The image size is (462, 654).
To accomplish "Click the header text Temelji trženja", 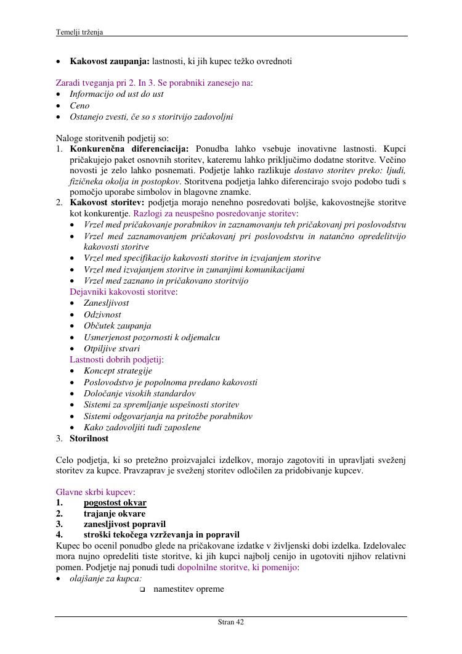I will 79,32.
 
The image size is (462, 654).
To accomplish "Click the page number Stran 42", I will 231,623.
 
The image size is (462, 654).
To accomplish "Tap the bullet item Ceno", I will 79,105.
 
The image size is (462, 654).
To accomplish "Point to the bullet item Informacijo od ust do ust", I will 116,94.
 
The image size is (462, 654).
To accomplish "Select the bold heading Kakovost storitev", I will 107,202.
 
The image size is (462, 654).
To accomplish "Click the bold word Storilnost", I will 89,438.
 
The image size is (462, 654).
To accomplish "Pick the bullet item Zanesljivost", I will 107,303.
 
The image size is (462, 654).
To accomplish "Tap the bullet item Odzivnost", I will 102,314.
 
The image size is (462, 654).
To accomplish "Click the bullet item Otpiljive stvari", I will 111,348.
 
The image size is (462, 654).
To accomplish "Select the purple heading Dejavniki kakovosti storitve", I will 123,292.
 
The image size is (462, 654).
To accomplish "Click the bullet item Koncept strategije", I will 118,370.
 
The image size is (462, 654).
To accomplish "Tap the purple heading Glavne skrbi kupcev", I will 95,492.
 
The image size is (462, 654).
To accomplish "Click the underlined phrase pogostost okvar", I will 115,502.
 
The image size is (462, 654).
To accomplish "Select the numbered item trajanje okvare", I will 115,513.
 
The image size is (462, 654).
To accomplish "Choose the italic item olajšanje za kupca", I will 105,578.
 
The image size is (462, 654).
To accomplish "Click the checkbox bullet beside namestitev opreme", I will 142,590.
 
